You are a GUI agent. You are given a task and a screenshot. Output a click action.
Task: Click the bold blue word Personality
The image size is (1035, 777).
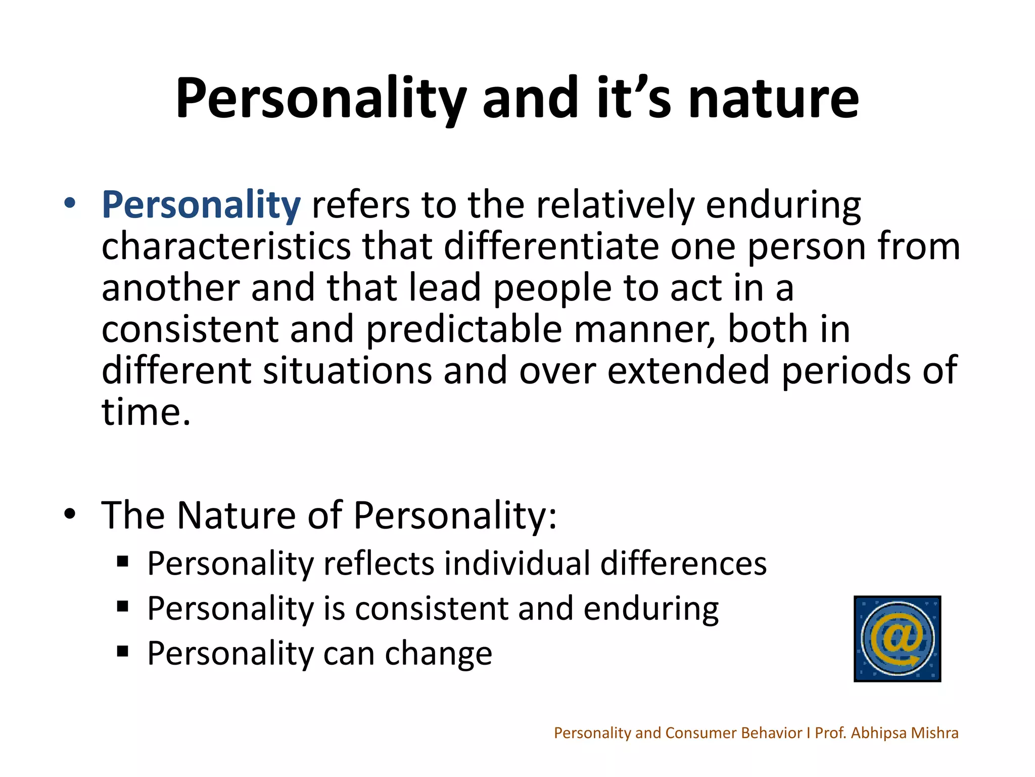click(201, 205)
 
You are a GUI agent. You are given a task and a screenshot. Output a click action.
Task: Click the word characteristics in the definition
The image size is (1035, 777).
click(226, 247)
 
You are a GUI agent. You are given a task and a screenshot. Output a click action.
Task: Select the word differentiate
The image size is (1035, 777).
click(551, 247)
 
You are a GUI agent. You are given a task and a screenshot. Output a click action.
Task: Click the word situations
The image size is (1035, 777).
click(348, 371)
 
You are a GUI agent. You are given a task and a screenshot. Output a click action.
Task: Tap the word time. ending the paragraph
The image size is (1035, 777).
click(146, 412)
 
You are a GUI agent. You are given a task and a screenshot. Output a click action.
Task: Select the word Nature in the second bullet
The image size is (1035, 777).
click(236, 515)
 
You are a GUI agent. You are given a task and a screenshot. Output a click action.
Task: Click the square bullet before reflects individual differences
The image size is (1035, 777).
click(122, 562)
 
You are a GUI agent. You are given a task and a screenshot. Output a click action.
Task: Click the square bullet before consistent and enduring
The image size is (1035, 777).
click(122, 606)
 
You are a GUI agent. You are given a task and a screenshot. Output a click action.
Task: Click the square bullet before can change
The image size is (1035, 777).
click(122, 651)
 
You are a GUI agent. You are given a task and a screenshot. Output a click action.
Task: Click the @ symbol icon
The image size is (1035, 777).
click(897, 639)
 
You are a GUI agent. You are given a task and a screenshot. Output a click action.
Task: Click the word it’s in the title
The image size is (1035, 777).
click(634, 99)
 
